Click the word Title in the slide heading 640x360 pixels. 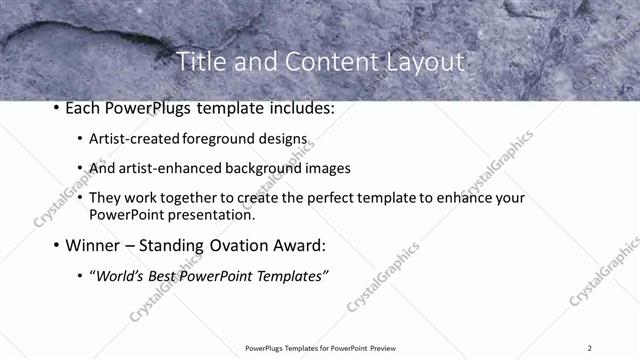201,62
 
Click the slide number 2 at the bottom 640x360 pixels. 590,347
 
